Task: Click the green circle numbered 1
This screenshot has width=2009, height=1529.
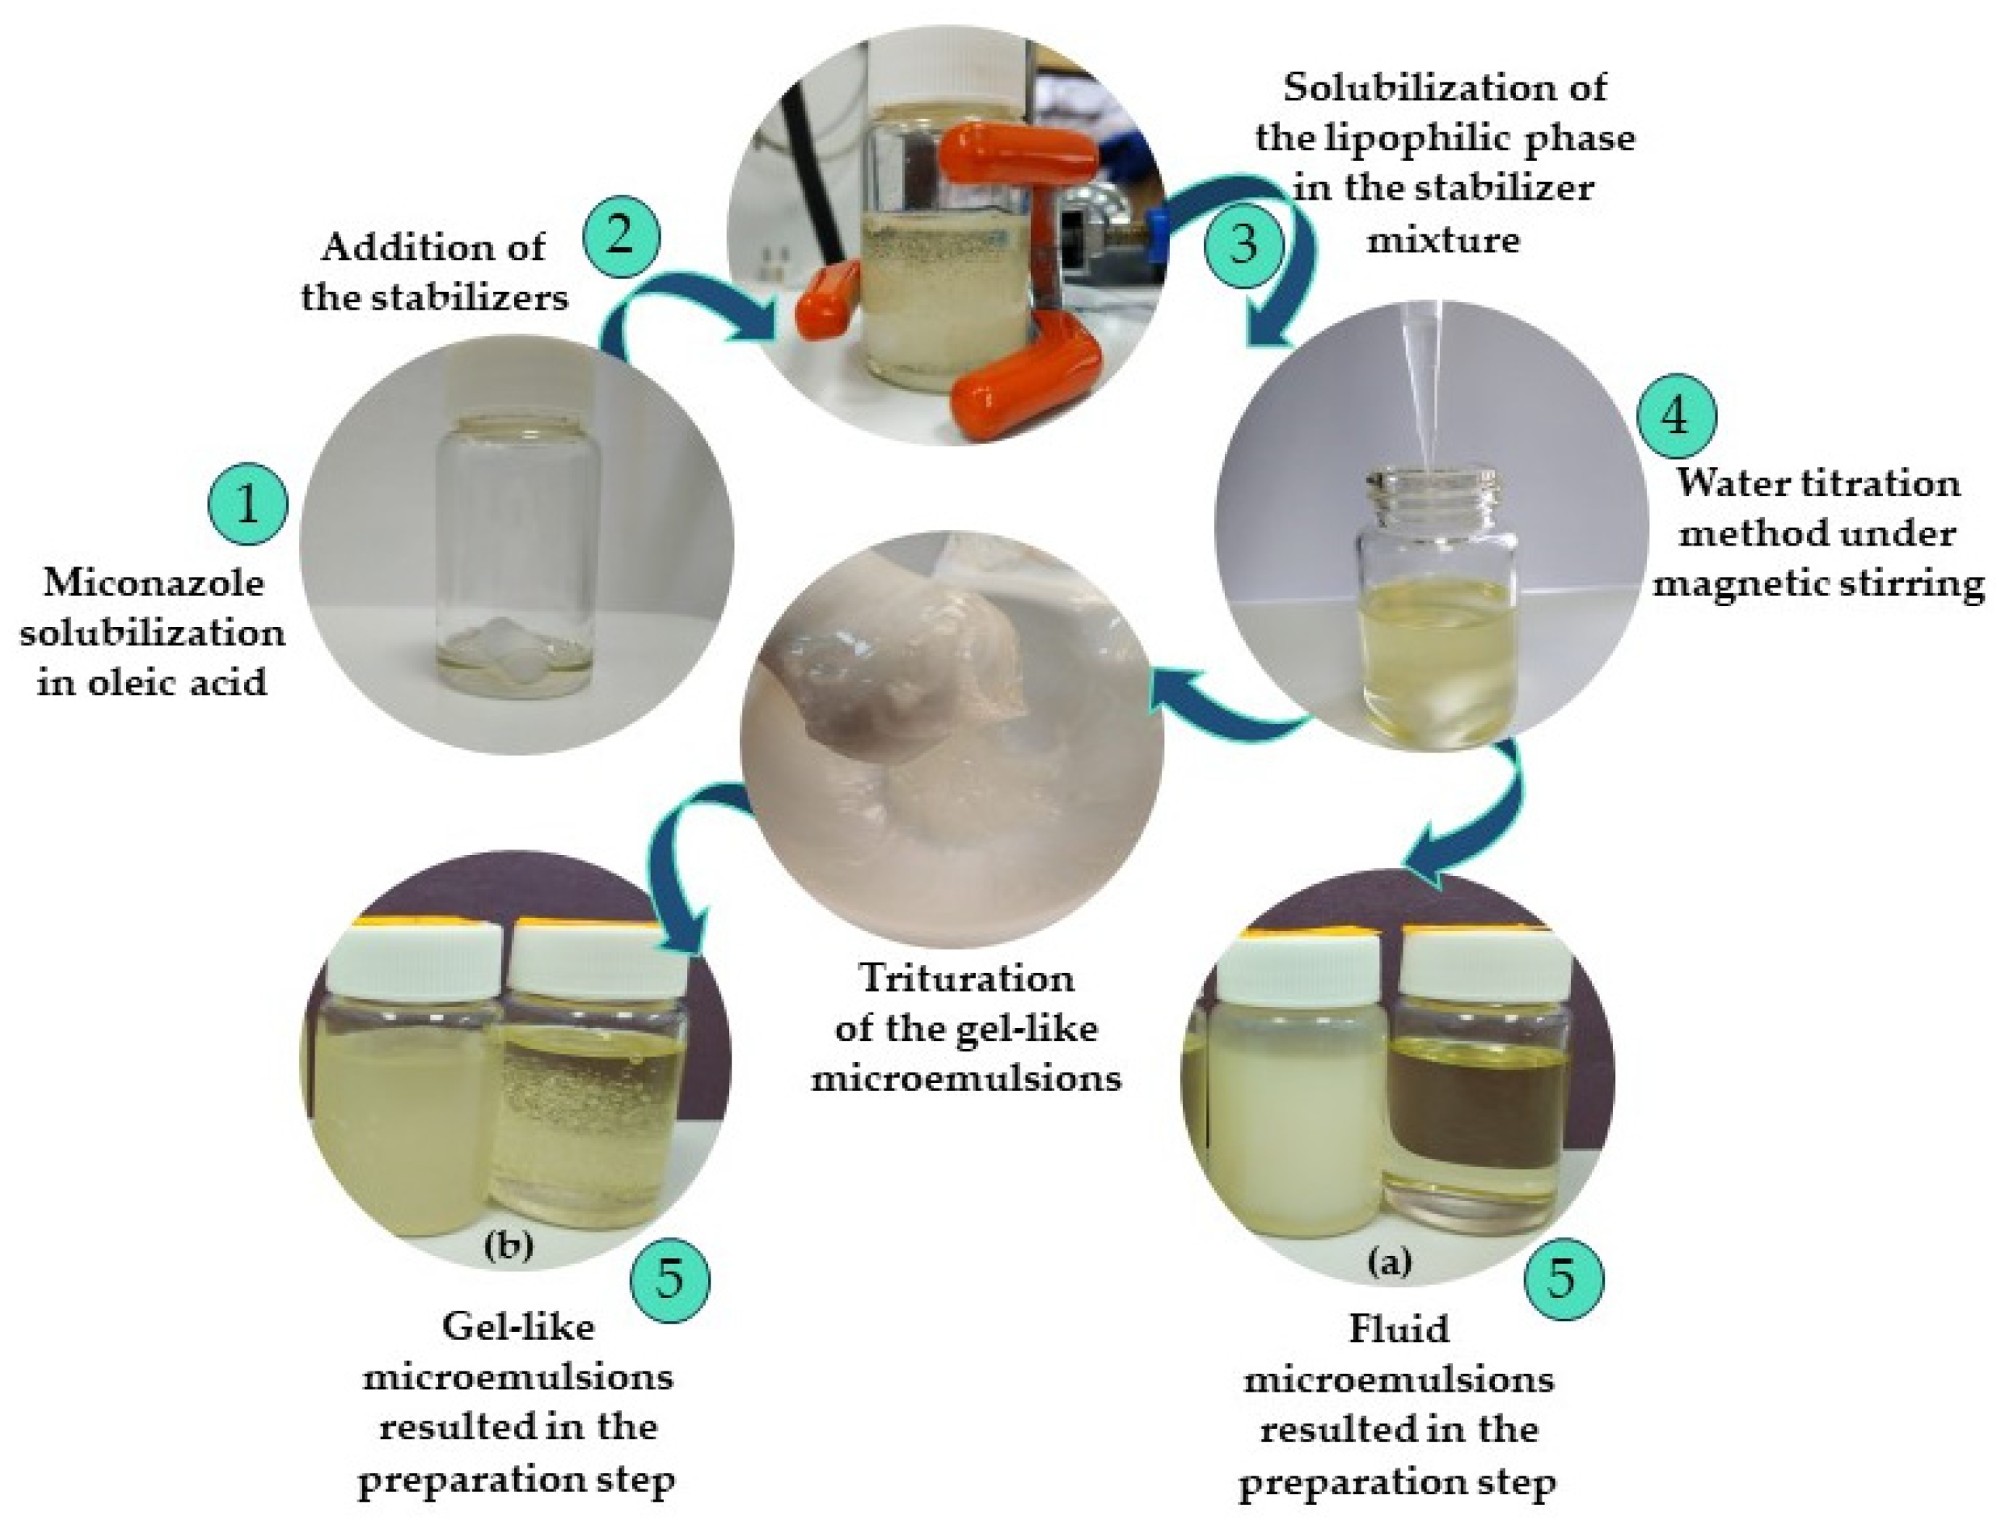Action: tap(247, 504)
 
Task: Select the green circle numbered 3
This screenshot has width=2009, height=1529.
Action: tap(1243, 245)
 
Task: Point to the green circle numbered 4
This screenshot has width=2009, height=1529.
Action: tap(1676, 416)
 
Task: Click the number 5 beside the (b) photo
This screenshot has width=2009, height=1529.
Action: tap(670, 1277)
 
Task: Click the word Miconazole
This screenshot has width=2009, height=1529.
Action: tap(154, 583)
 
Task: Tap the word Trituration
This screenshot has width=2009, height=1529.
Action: tap(967, 979)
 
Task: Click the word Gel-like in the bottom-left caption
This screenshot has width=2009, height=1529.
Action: tap(518, 1327)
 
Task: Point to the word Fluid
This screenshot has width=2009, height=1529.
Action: tap(1398, 1329)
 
